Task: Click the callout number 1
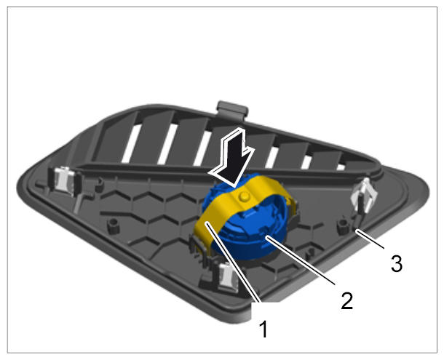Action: click(263, 329)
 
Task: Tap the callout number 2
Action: click(347, 300)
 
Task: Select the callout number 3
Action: click(397, 263)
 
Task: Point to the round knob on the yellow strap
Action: click(244, 196)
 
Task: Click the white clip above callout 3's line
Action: click(364, 196)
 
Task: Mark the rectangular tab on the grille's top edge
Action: click(232, 110)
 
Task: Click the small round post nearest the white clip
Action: click(343, 225)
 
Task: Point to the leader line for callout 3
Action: click(370, 239)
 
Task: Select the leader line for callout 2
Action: click(300, 260)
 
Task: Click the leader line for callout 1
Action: click(233, 263)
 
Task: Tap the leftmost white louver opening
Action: click(132, 143)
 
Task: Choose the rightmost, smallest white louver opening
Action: click(341, 167)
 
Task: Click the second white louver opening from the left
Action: click(167, 144)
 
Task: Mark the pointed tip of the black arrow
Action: click(234, 186)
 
